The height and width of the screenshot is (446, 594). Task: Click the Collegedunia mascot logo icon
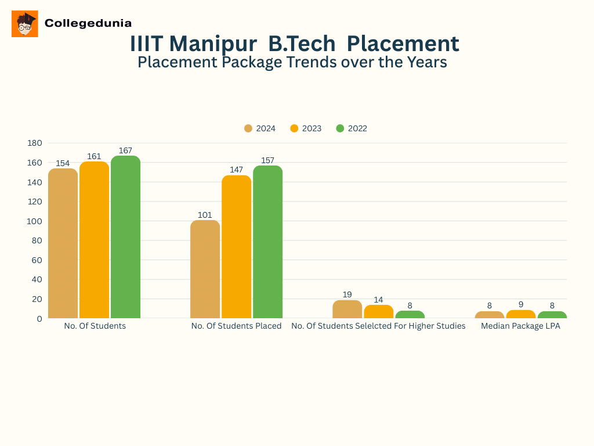click(x=24, y=24)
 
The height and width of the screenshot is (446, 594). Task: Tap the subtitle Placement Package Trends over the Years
click(x=292, y=62)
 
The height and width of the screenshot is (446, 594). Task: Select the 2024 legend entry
click(x=260, y=128)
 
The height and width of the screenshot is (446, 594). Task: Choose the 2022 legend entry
click(x=352, y=128)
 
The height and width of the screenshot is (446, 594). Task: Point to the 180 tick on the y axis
click(x=35, y=143)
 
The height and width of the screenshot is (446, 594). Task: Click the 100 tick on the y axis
click(x=35, y=221)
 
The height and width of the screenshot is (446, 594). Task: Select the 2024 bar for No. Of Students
click(x=63, y=243)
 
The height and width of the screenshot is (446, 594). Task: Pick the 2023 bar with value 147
click(x=236, y=247)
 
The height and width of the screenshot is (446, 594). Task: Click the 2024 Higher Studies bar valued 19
click(x=347, y=309)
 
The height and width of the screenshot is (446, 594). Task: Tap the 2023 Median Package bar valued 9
click(x=521, y=314)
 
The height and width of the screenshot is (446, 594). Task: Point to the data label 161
click(x=94, y=156)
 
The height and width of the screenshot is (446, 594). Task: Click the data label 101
click(x=205, y=215)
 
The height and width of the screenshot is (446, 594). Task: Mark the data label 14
click(x=378, y=300)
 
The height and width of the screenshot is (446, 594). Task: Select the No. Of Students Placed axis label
click(x=236, y=326)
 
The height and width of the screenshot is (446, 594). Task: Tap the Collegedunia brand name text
click(x=88, y=23)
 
